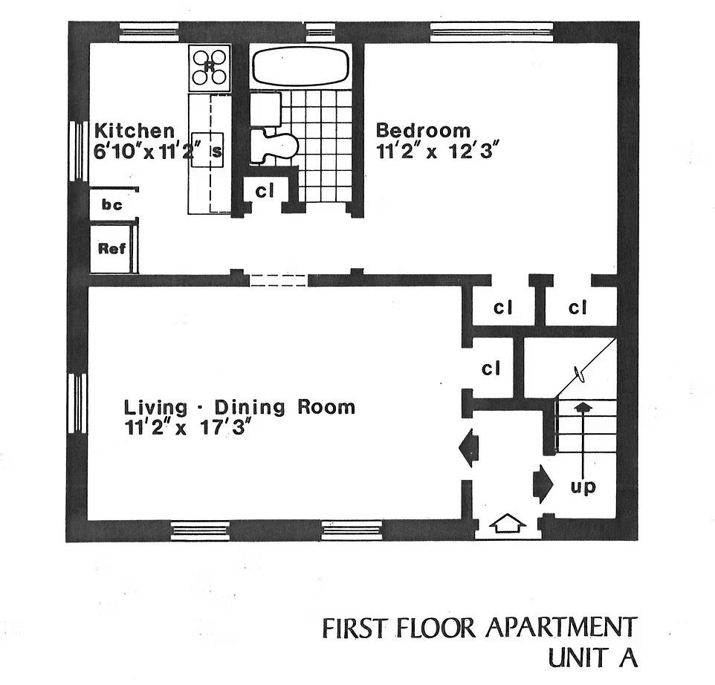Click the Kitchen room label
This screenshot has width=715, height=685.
[x=135, y=132]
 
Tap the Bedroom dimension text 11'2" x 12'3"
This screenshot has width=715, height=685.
[x=436, y=150]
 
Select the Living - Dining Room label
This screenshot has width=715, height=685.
[x=239, y=407]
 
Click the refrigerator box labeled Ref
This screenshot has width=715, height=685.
[x=111, y=249]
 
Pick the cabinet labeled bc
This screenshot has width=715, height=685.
[x=111, y=204]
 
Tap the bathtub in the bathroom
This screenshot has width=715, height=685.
[x=300, y=66]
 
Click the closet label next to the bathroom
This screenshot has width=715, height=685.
[x=265, y=191]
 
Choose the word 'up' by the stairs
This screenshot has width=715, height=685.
[x=583, y=488]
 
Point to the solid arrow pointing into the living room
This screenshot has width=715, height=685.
[x=467, y=449]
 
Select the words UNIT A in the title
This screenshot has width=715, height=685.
[x=592, y=658]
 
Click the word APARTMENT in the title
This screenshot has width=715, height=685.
[x=561, y=627]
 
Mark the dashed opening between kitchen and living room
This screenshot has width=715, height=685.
[x=277, y=280]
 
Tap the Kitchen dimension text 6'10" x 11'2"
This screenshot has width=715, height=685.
[x=151, y=151]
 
